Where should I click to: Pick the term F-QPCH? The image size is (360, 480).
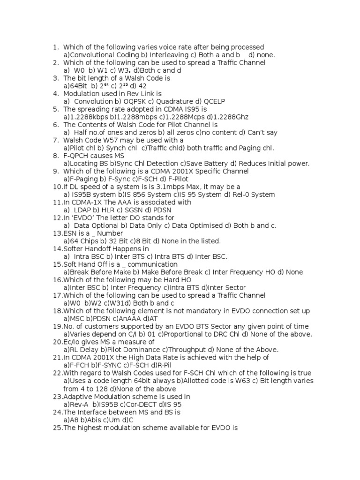pos(77,156)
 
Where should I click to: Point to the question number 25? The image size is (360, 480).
pos(57,427)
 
